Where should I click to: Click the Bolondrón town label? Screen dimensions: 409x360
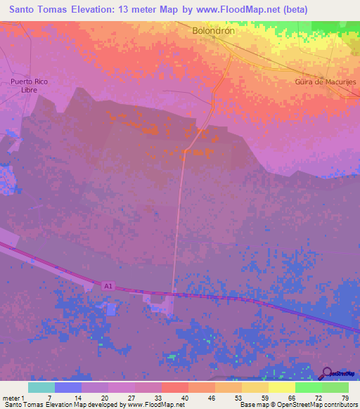tap(213, 31)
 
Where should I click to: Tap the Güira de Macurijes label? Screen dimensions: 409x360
tap(326, 82)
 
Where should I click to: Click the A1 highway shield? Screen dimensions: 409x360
tap(108, 285)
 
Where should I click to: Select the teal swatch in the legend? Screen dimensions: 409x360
tap(41, 388)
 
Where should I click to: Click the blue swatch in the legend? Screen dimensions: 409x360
tap(68, 388)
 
